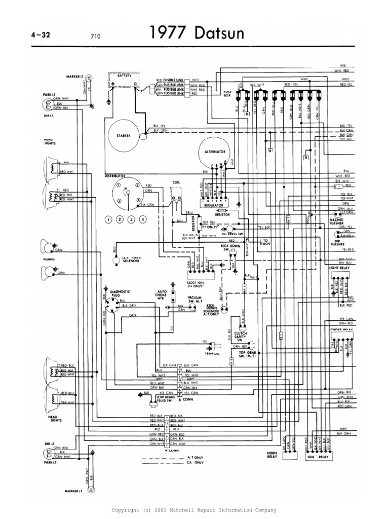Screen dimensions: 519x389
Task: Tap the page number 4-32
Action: (x=42, y=35)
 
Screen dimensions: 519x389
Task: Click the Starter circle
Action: (x=123, y=136)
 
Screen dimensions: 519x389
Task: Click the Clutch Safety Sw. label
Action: (x=245, y=334)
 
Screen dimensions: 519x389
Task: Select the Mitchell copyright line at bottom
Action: (x=194, y=509)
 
